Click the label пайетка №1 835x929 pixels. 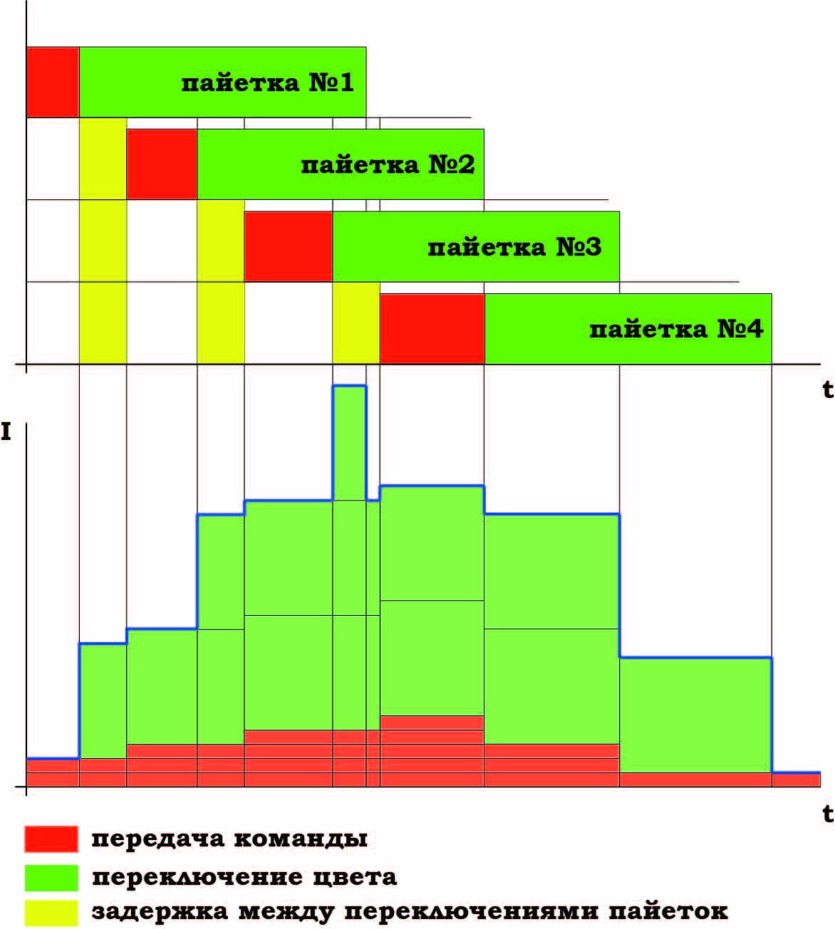pos(267,83)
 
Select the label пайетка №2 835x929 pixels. pos(388,165)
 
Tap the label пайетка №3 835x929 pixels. pos(514,248)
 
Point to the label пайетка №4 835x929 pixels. pos(676,330)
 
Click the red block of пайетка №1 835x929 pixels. pos(52,82)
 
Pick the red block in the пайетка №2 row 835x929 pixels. pos(162,164)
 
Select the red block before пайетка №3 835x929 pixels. pos(288,246)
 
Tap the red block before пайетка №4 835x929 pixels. pos(432,329)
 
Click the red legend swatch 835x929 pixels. pos(51,839)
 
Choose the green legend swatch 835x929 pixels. pos(51,877)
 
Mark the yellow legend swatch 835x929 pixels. pos(51,912)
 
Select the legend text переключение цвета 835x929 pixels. pos(244,877)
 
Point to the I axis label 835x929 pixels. pos(6,431)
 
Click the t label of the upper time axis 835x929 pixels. pos(827,389)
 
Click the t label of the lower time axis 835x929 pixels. pos(827,813)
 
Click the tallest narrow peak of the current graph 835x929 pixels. pos(349,441)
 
